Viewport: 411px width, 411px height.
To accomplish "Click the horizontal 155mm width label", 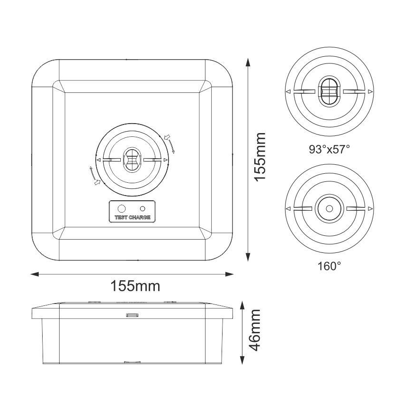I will tap(135, 286).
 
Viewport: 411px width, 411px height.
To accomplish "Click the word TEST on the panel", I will tap(121, 218).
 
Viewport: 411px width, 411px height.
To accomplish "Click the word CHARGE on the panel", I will tap(140, 218).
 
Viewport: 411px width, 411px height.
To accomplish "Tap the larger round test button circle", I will tap(122, 208).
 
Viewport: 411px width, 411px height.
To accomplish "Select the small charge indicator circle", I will tap(143, 208).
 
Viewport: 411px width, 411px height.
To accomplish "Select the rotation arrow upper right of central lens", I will tap(171, 143).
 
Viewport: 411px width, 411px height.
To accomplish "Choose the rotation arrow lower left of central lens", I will tap(94, 176).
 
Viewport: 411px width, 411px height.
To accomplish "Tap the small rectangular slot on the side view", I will tap(132, 314).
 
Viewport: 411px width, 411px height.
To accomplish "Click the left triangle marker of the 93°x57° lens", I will tap(287, 91).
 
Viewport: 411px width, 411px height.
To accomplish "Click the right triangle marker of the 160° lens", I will tap(371, 208).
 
